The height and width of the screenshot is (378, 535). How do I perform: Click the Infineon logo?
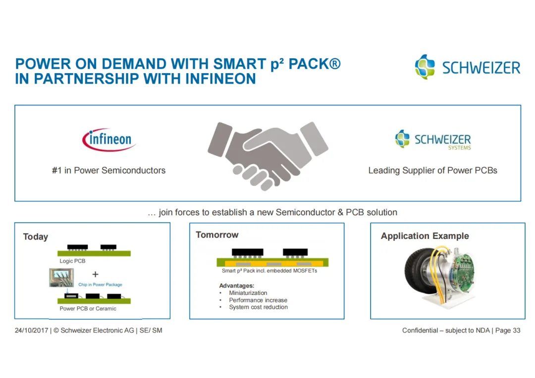pos(109,140)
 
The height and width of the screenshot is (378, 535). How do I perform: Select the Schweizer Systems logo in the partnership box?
pos(433,140)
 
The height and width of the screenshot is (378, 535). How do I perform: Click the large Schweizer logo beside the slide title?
pos(468,67)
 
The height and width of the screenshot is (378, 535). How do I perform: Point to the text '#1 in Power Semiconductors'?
pos(108,171)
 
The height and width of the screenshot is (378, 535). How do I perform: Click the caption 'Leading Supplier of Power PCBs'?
pos(432,171)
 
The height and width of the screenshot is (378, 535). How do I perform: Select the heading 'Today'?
pos(36,237)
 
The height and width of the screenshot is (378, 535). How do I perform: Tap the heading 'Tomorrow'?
pos(217,235)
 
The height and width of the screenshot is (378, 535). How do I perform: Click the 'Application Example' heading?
pos(425,236)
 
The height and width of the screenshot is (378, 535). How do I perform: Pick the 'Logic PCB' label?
pos(72,261)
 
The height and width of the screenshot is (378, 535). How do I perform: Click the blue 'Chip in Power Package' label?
pos(100,284)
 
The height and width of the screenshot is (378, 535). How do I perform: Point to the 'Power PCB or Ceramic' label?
pos(88,309)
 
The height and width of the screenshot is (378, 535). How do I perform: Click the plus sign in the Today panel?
pos(95,274)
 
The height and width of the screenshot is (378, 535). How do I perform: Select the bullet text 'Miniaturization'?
pos(248,293)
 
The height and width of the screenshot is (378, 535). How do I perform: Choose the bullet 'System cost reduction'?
pos(258,307)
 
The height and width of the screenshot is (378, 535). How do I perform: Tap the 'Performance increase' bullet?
pos(258,300)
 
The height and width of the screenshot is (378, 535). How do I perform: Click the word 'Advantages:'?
pos(236,286)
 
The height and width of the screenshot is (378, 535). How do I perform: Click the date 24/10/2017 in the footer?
pos(31,331)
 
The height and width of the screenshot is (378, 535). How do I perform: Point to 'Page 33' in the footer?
pos(508,331)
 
